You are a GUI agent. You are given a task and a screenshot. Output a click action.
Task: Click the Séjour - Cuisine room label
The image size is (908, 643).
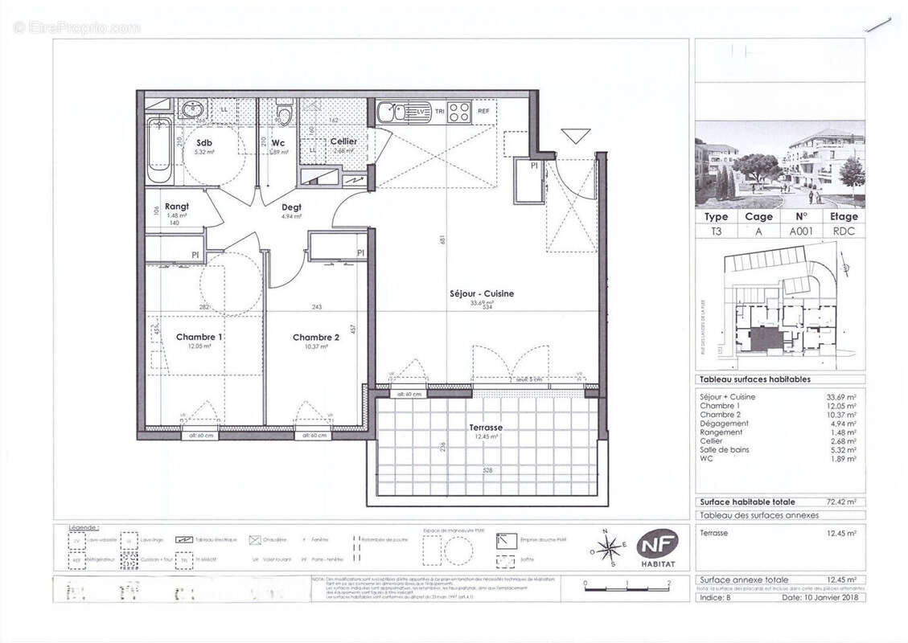pyautogui.click(x=481, y=293)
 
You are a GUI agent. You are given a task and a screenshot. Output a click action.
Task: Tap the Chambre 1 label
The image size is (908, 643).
pyautogui.click(x=199, y=337)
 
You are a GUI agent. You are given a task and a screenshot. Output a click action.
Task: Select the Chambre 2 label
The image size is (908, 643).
pyautogui.click(x=315, y=337)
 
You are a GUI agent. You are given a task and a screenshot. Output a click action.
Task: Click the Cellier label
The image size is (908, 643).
pyautogui.click(x=343, y=141)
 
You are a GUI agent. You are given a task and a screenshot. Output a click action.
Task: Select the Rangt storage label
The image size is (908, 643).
pyautogui.click(x=176, y=207)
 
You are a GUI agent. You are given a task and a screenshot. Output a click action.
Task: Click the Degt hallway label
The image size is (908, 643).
pyautogui.click(x=291, y=207)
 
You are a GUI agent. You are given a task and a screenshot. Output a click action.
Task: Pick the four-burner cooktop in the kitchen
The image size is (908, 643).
pyautogui.click(x=458, y=111)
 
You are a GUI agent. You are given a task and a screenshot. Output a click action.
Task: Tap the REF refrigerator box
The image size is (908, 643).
pyautogui.click(x=483, y=111)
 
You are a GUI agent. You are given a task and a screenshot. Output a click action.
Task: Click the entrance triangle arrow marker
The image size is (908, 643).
pyautogui.click(x=576, y=136)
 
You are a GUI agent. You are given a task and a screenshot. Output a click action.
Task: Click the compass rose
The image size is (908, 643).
pyautogui.click(x=609, y=548)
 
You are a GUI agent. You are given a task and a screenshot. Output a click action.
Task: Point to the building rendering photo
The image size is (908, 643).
pyautogui.click(x=779, y=164)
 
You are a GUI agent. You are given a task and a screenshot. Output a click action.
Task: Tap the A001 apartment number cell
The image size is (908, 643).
pyautogui.click(x=800, y=230)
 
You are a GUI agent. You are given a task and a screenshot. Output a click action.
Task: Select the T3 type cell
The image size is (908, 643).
pyautogui.click(x=716, y=230)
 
